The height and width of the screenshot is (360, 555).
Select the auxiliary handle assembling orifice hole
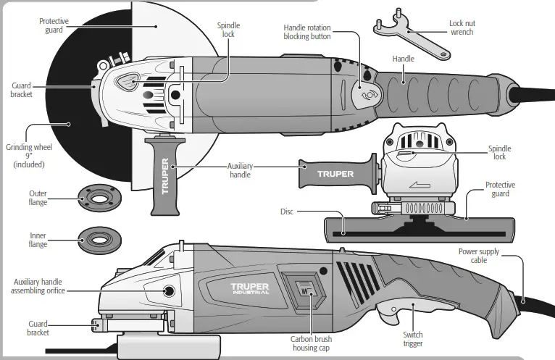click(169, 291)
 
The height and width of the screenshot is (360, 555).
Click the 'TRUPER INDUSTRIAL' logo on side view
click(250, 288)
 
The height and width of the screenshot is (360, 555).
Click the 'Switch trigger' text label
click(413, 339)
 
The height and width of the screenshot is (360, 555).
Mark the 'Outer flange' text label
click(38, 198)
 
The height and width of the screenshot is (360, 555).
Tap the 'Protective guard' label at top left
click(54, 26)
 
